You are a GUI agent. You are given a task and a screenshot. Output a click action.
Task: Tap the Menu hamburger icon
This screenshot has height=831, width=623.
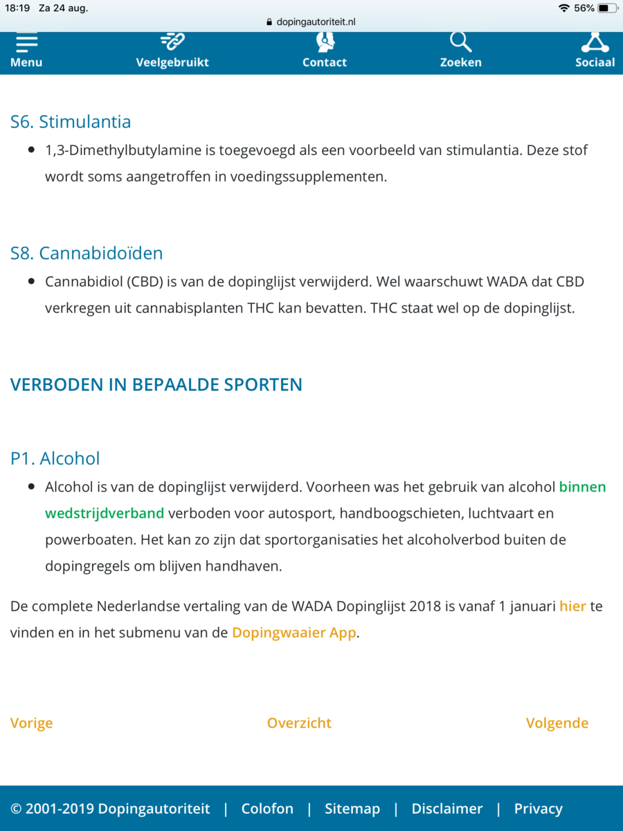(26, 43)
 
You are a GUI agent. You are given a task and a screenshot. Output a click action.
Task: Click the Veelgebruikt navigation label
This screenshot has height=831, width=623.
(172, 62)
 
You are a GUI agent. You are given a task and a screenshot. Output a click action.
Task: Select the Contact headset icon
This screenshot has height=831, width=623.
(325, 42)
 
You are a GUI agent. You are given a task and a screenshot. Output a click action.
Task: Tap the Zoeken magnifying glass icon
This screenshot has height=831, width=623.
(460, 42)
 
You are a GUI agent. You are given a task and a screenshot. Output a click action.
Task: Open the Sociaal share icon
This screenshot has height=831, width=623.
(595, 42)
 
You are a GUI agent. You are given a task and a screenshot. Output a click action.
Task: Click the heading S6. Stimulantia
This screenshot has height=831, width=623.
(71, 122)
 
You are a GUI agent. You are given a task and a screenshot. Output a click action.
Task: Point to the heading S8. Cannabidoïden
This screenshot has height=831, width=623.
(87, 253)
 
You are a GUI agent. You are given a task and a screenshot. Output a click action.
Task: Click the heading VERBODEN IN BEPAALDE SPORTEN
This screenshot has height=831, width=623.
(156, 385)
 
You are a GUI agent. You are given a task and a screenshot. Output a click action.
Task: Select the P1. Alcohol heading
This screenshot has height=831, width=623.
(55, 458)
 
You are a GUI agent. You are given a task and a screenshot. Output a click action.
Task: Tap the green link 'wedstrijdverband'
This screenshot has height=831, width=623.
(105, 513)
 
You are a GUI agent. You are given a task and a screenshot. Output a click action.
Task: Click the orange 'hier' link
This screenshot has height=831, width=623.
(572, 606)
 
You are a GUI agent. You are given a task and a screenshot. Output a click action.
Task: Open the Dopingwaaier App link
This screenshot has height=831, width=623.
(294, 632)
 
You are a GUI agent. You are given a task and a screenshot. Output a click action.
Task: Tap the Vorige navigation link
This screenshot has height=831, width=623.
(31, 723)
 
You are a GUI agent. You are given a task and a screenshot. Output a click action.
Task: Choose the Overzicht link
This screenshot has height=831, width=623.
(299, 723)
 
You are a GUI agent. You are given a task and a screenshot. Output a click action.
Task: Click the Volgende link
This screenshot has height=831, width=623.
(557, 723)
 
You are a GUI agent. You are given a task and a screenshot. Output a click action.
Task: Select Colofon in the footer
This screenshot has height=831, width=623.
(267, 808)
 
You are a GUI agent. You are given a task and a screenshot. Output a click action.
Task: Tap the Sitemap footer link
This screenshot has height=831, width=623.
(352, 808)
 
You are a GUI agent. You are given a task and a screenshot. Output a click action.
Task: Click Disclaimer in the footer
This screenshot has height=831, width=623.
(446, 808)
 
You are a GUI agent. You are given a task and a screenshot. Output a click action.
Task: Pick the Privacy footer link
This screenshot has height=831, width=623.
(538, 808)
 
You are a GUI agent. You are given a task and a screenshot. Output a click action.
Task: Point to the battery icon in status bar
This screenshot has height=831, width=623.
(607, 8)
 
